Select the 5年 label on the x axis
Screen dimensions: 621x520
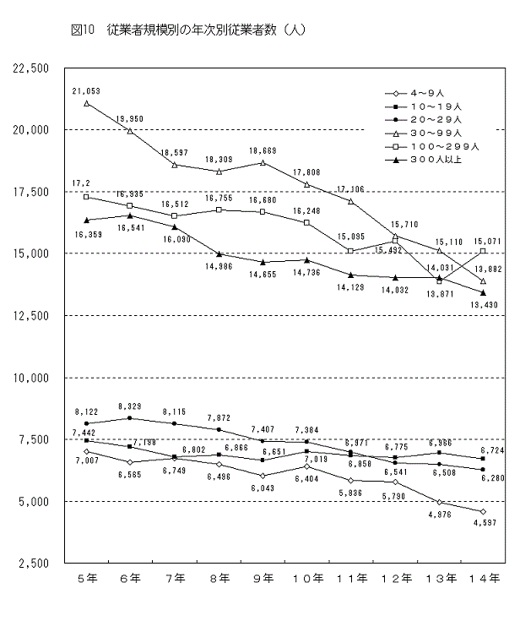point(87,579)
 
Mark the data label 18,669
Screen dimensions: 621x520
point(263,150)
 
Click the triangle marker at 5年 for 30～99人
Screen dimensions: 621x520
point(87,104)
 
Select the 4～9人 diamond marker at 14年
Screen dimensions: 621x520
point(483,511)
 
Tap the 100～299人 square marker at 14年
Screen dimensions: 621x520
point(483,251)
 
